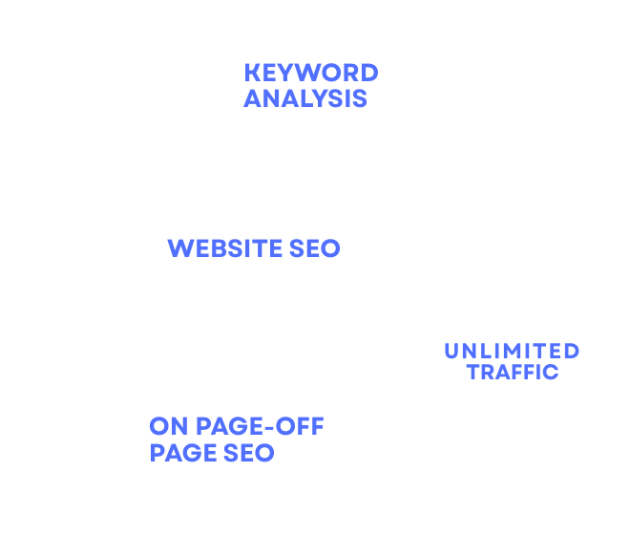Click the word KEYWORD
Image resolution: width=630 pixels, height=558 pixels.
pyautogui.click(x=310, y=73)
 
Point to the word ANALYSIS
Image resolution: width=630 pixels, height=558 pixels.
pyautogui.click(x=304, y=98)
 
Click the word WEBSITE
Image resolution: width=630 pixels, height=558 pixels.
pyautogui.click(x=226, y=249)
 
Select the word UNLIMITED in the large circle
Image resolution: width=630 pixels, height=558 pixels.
pyautogui.click(x=511, y=352)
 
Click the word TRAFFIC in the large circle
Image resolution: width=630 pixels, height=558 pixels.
pyautogui.click(x=513, y=373)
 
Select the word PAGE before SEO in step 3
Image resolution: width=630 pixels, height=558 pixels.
pyautogui.click(x=184, y=452)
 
